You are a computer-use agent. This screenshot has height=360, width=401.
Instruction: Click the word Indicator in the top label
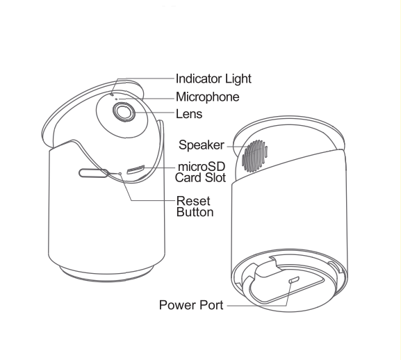(x=199, y=79)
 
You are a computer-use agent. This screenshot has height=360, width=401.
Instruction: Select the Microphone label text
(x=207, y=97)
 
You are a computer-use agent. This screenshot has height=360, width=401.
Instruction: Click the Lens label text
(x=189, y=114)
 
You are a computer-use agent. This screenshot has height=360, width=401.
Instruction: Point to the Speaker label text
(x=202, y=145)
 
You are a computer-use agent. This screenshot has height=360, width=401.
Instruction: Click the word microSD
(x=202, y=167)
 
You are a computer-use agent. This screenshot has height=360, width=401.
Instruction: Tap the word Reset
(x=193, y=201)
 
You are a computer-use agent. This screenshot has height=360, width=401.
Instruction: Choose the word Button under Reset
(x=195, y=212)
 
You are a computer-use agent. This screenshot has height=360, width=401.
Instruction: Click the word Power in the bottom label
(x=177, y=305)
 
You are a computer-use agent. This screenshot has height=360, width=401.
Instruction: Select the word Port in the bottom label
(x=211, y=305)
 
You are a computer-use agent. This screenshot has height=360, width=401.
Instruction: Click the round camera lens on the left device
(x=124, y=112)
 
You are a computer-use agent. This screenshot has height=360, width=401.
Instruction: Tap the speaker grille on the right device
(x=255, y=156)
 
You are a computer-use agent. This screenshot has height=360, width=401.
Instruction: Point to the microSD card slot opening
(x=136, y=170)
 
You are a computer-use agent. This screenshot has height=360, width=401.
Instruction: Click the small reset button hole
(x=120, y=174)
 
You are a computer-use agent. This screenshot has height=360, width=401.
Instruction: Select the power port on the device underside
(x=294, y=279)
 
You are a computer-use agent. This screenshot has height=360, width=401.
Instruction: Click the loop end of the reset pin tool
(x=91, y=173)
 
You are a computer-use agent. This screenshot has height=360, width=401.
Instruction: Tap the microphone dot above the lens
(x=116, y=99)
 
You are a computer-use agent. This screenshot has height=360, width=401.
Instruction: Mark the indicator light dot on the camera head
(x=112, y=95)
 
